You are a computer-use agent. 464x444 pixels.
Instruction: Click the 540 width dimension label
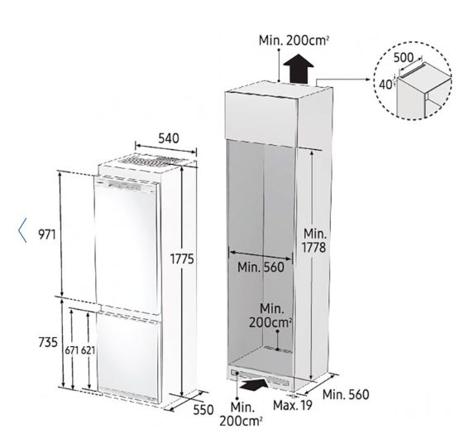tap(169, 138)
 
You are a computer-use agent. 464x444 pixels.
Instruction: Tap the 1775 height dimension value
tap(182, 259)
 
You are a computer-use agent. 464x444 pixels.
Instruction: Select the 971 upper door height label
tap(47, 234)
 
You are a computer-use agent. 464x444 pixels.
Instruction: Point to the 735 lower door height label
tap(48, 343)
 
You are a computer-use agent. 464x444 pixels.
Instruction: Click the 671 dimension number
tap(72, 350)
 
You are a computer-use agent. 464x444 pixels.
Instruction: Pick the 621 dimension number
tap(88, 350)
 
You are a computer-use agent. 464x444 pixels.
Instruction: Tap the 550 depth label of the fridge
tap(203, 410)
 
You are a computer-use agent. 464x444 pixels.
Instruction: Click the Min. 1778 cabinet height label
tap(314, 240)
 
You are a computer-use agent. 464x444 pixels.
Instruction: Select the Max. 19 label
tap(293, 405)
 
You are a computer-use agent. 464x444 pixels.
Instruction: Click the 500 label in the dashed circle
tap(404, 57)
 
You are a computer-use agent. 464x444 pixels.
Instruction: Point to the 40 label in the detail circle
tap(385, 84)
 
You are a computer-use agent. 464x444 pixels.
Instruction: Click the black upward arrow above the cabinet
tap(299, 68)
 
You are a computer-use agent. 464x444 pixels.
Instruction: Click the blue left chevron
tap(22, 230)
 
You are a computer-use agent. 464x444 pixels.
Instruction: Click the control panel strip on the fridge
tap(125, 186)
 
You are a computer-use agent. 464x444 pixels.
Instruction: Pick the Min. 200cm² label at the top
tap(294, 41)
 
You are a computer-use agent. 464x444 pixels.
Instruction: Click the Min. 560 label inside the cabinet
tap(261, 268)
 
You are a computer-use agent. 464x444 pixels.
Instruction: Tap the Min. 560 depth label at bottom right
tap(346, 394)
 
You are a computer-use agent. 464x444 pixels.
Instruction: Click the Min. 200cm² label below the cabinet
tap(241, 414)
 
